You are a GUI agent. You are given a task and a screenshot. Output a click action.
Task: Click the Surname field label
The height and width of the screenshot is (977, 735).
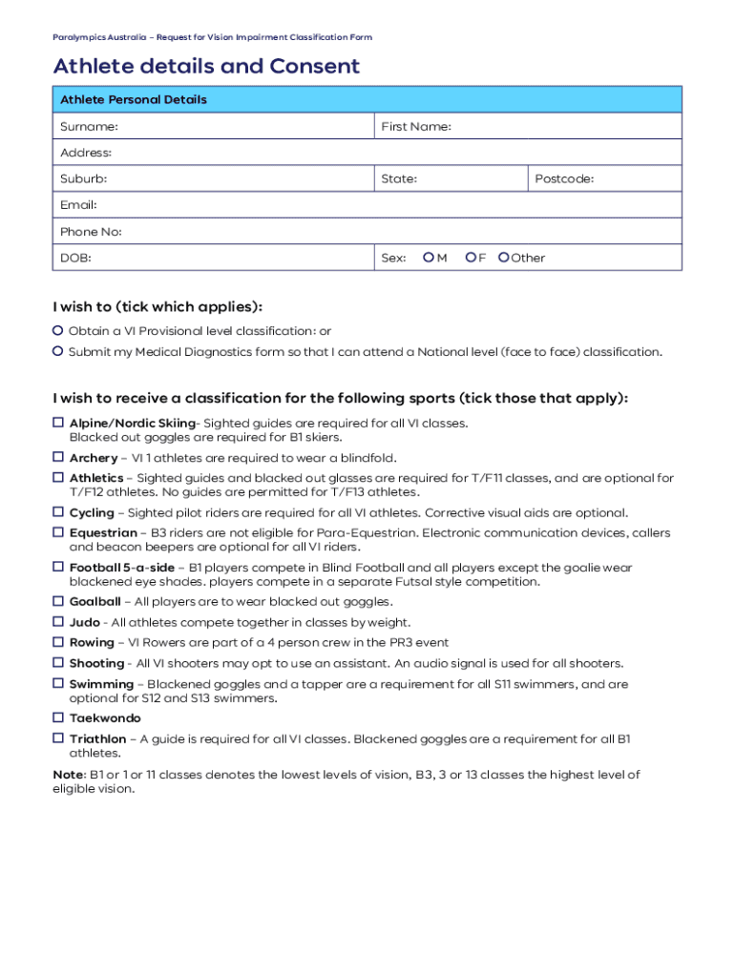(x=89, y=127)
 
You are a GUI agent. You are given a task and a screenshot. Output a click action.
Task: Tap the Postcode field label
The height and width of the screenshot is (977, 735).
(x=564, y=179)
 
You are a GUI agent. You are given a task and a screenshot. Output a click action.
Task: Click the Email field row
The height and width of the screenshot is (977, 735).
(x=367, y=205)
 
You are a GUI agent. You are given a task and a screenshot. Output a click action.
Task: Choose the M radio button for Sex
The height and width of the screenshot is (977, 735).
(x=429, y=258)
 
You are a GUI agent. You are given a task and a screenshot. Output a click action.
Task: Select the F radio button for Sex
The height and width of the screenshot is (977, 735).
(x=470, y=258)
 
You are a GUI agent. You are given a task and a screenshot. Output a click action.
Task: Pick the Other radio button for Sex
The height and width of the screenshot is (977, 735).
(x=503, y=258)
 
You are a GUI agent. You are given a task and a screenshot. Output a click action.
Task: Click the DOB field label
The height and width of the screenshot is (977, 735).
(x=75, y=258)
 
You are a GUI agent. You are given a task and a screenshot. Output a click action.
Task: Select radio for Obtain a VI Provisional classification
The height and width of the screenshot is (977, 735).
(x=58, y=331)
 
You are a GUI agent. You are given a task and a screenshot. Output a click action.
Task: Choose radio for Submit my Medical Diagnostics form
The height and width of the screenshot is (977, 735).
(x=58, y=352)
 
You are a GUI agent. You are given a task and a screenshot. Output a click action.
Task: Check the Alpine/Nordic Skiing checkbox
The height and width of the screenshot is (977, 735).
(x=58, y=423)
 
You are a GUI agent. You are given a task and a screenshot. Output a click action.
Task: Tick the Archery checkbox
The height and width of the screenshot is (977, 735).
(x=58, y=458)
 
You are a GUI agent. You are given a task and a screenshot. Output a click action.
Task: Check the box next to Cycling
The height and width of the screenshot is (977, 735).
(x=58, y=512)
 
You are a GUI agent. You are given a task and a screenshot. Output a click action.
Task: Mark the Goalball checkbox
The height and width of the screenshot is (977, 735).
(x=58, y=602)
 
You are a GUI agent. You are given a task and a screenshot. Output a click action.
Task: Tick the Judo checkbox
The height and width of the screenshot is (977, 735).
(x=58, y=622)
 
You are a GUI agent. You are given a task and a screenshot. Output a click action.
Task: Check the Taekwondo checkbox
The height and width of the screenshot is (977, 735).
(x=58, y=718)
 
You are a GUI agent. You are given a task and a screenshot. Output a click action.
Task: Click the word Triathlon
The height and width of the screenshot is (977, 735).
(x=97, y=739)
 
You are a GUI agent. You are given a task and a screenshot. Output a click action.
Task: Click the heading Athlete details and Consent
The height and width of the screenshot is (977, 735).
(x=206, y=66)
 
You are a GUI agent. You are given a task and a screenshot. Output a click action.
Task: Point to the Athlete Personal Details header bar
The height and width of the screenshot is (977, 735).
(x=367, y=99)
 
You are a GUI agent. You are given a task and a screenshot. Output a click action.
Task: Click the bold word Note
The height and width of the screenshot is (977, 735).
(x=68, y=775)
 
